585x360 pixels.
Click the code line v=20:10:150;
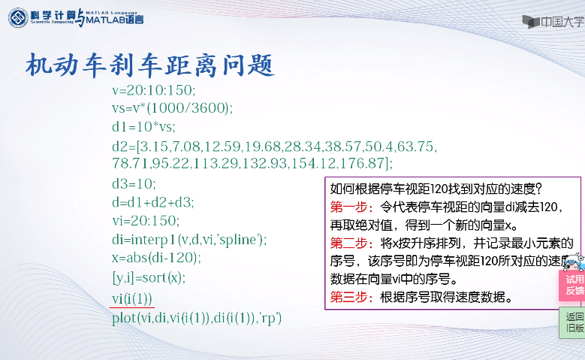153,89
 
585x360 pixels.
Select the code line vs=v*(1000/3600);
172,107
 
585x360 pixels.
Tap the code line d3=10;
134,183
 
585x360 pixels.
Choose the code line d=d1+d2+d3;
152,201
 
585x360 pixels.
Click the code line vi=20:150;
146,220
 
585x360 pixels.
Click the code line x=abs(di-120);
159,258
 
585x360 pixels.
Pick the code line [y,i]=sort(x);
148,277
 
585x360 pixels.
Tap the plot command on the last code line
196,317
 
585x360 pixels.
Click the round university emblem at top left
17,19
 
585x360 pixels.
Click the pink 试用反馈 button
572,284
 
